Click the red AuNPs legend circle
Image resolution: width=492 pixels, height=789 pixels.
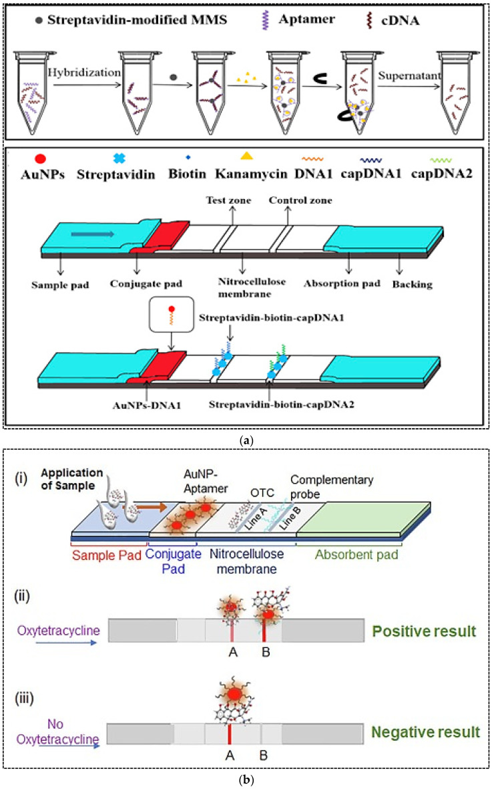point(40,159)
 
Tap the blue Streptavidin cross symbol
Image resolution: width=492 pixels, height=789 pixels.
point(119,158)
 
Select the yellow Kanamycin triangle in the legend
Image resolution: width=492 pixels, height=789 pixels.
point(246,156)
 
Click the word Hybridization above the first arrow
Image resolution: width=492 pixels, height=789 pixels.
point(84,72)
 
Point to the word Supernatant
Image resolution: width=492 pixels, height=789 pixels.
point(410,75)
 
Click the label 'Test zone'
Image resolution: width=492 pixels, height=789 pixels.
point(228,200)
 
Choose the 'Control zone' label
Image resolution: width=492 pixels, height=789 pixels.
point(300,200)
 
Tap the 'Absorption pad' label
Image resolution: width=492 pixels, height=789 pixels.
point(342,284)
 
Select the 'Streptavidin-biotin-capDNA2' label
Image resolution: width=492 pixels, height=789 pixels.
point(282,405)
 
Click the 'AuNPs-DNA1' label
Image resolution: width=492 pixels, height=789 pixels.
point(147,405)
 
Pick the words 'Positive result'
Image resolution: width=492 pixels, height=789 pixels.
point(424,631)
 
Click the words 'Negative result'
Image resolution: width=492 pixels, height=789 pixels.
point(426,732)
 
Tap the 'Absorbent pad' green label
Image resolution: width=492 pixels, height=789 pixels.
point(356,555)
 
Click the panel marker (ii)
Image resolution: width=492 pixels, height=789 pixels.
point(22,597)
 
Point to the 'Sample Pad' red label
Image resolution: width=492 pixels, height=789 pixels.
point(107,556)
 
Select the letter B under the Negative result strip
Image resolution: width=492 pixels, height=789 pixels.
point(263,756)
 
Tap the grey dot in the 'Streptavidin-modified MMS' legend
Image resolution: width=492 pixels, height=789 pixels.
point(39,21)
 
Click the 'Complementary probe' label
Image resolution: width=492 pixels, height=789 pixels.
point(332,486)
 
